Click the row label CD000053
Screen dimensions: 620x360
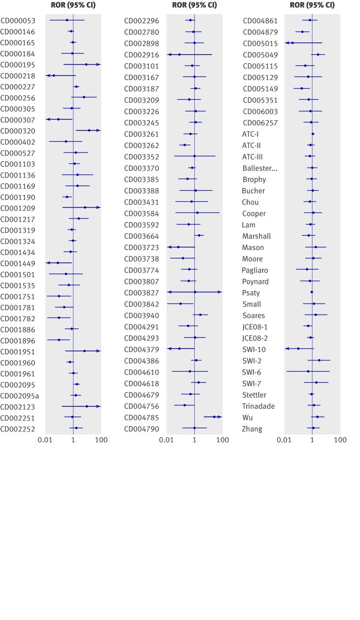coord(18,21)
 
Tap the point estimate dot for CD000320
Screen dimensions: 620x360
coord(89,130)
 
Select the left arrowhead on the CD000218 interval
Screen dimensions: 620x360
coord(48,76)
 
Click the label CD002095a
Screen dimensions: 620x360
coord(19,396)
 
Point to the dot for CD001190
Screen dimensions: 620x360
coord(67,197)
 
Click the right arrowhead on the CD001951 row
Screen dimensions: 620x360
coord(98,351)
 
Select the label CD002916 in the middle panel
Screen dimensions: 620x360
coord(141,55)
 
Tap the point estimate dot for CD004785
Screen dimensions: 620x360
coord(215,417)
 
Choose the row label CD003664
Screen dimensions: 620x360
coord(141,236)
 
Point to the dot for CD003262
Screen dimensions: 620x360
coord(185,145)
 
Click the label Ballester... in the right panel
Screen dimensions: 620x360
coord(260,168)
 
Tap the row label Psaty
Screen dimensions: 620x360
coord(251,293)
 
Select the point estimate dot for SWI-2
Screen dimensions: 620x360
coord(319,360)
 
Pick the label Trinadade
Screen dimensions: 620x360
coord(258,406)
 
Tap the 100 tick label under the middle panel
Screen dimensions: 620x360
coord(223,440)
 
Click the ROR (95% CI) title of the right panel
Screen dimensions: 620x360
coord(312,5)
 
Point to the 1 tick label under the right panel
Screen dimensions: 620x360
coord(312,440)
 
